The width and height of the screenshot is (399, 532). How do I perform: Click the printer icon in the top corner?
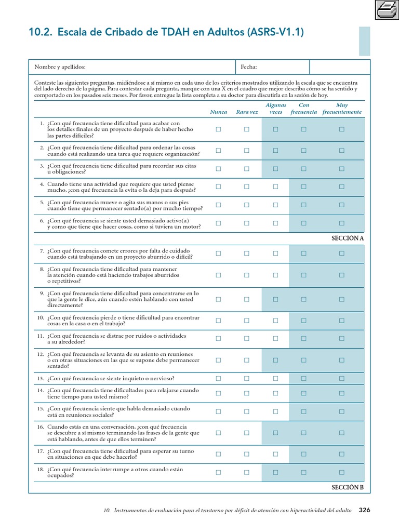tap(386, 9)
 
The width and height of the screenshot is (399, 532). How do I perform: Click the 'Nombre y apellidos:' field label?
tap(60, 67)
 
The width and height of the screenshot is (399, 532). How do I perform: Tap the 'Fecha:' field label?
tap(249, 67)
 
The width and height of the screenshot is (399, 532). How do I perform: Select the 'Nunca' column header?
tap(218, 112)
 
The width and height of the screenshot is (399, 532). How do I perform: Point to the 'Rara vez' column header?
tap(247, 112)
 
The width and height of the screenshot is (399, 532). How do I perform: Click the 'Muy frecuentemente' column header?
tap(342, 109)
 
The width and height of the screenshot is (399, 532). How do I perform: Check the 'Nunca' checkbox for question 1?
tap(218, 129)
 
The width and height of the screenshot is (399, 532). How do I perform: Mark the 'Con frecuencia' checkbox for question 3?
tap(304, 168)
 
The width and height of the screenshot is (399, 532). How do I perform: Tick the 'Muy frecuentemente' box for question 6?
tap(342, 223)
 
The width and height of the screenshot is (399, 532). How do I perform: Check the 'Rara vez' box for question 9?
tap(247, 299)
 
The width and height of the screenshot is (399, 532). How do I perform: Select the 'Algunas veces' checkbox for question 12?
tap(275, 360)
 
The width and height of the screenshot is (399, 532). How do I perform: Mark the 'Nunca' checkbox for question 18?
tap(218, 472)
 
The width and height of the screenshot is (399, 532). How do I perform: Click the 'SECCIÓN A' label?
tap(348, 238)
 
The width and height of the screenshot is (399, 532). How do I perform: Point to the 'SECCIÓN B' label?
tap(348, 487)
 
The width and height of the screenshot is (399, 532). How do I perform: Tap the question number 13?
tap(40, 378)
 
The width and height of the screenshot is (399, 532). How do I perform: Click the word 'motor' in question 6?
tap(192, 227)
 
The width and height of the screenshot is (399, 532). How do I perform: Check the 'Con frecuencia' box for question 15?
tap(304, 411)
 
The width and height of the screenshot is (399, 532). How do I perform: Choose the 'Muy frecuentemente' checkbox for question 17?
tap(342, 454)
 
